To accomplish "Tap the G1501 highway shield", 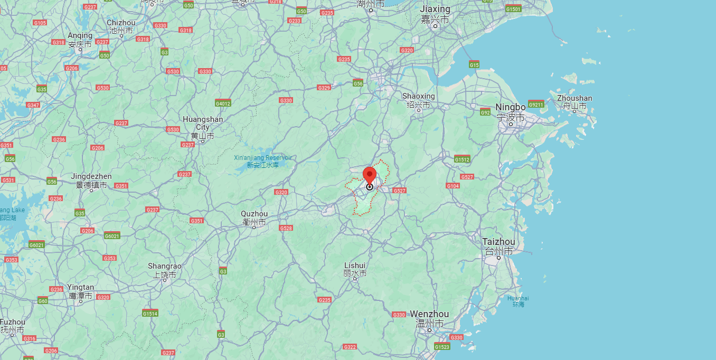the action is (513, 9).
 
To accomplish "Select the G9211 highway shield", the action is (535, 104).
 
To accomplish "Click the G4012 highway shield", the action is (223, 103).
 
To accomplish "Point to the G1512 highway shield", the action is (462, 159).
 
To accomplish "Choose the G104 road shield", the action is (453, 186).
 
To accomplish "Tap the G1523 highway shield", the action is (442, 347).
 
